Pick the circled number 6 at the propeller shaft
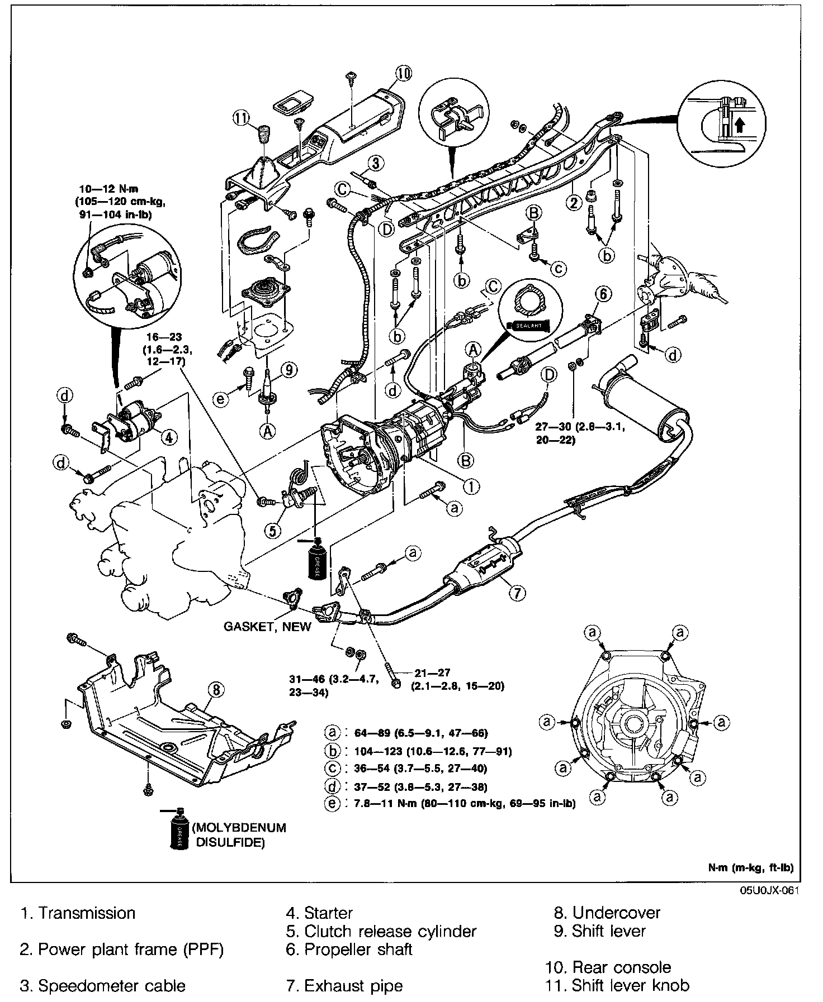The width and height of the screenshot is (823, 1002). (x=604, y=294)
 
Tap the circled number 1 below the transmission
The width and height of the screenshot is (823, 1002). (x=472, y=486)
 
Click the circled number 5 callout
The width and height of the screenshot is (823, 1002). (x=273, y=530)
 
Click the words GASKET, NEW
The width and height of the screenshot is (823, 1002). (x=267, y=626)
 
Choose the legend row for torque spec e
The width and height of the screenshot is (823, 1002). (x=450, y=804)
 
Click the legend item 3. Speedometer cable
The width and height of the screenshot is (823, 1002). (x=103, y=986)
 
